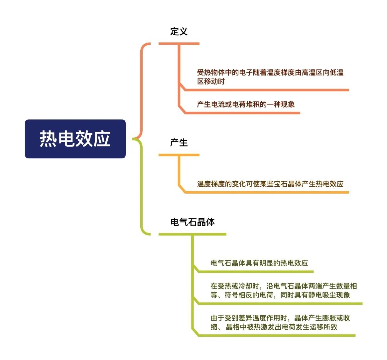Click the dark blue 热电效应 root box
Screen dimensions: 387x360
(75, 139)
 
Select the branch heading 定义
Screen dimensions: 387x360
(179, 31)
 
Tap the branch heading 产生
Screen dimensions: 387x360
(179, 142)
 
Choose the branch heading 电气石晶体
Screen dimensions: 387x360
(193, 222)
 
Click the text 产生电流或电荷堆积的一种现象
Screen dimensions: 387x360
(246, 104)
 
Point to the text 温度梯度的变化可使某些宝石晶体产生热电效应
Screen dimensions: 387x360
(270, 184)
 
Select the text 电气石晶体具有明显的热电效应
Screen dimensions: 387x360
(259, 263)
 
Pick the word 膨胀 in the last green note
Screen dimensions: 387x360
(322, 318)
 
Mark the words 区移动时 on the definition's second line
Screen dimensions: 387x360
(211, 81)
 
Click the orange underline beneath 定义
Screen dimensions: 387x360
(179, 44)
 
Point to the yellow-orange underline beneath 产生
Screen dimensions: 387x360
(179, 155)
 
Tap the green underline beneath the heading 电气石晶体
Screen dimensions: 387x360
(193, 234)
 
